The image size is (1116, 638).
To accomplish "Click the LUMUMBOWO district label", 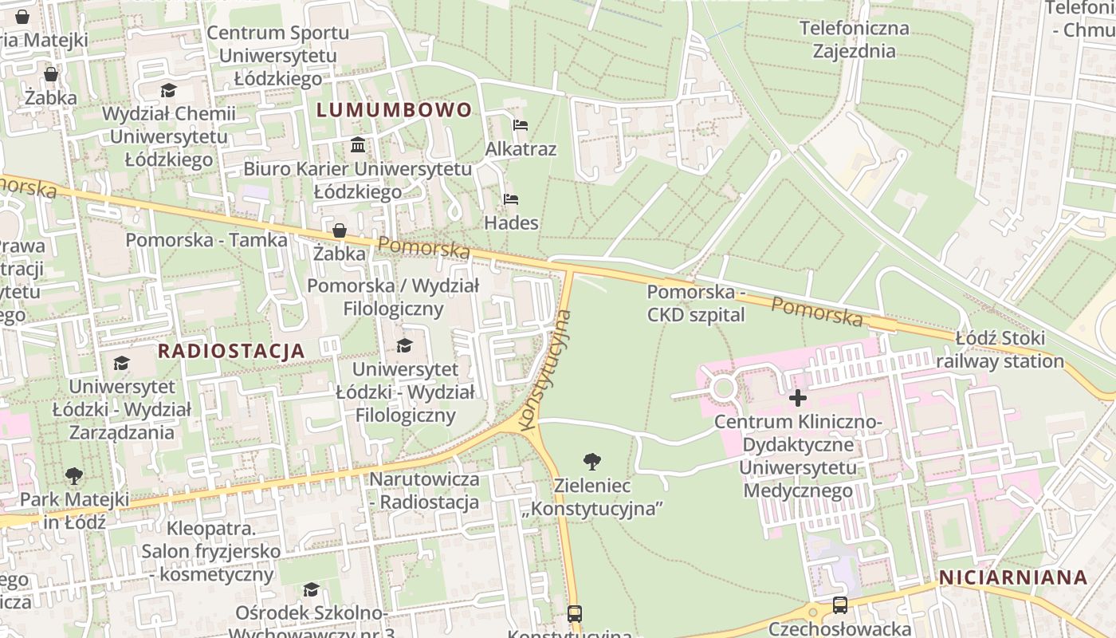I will click(x=395, y=110).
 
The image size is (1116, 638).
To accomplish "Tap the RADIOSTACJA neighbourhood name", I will click(x=231, y=351).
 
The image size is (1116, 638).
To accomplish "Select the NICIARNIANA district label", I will click(x=1013, y=578).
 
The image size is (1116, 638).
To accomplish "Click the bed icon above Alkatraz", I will click(x=521, y=125).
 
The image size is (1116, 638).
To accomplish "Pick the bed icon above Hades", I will click(x=511, y=199).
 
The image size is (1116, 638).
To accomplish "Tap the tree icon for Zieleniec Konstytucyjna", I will click(x=591, y=461).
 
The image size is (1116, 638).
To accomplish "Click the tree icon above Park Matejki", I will click(x=74, y=476).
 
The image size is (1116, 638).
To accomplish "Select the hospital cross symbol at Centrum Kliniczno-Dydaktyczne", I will click(x=797, y=398).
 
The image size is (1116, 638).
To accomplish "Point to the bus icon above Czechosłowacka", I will click(x=839, y=605).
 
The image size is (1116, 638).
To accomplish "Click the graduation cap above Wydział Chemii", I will click(x=168, y=90).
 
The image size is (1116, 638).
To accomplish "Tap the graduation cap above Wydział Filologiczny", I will click(x=405, y=345).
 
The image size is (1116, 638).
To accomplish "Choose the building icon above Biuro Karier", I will click(x=358, y=145).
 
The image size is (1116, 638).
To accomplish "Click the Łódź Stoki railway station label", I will click(x=1000, y=349).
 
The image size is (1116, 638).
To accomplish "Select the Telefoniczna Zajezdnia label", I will click(x=854, y=40).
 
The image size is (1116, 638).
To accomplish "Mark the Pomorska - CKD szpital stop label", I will click(x=695, y=304).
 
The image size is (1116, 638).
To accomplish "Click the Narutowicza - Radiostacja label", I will click(x=424, y=490).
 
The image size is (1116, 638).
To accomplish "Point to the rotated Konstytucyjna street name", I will click(x=546, y=371).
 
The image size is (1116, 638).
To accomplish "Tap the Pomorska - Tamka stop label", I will click(x=206, y=240).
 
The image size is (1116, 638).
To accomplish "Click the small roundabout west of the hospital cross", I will click(x=723, y=389).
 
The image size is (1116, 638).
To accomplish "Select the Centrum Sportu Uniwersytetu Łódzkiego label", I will click(x=277, y=56).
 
